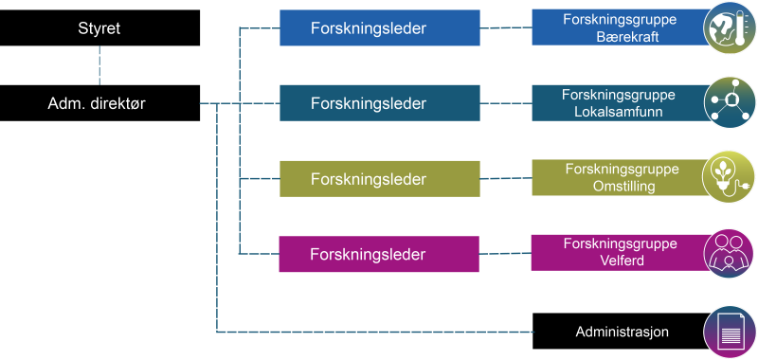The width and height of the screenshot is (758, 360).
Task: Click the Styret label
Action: (x=99, y=28)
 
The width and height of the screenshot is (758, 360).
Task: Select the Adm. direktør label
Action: (x=97, y=103)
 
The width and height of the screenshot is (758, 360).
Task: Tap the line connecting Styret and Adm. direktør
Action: (x=99, y=66)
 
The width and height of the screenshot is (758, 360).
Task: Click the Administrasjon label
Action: (x=623, y=332)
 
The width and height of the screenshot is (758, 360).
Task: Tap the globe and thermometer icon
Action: (x=729, y=26)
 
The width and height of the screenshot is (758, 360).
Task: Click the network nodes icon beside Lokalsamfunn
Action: (x=729, y=101)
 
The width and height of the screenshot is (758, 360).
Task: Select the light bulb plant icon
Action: (x=729, y=177)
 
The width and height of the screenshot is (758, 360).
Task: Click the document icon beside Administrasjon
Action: (x=729, y=332)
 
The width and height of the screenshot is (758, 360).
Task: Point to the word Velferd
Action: (x=622, y=261)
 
